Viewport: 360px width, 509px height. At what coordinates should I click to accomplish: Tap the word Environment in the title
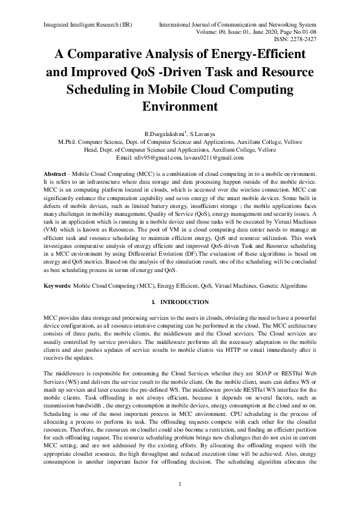click(179, 106)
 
